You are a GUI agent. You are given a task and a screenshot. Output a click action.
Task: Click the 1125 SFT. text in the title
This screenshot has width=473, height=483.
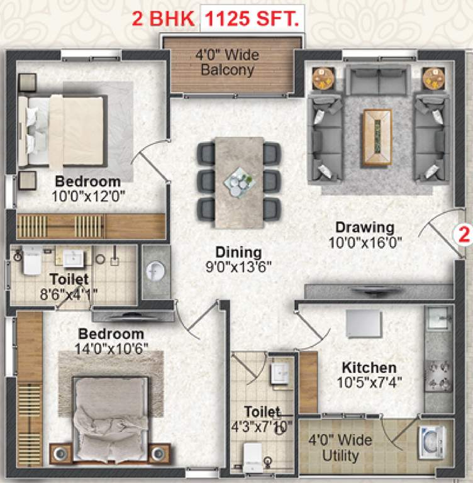[252, 20]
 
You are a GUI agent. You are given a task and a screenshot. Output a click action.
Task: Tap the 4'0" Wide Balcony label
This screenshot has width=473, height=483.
[227, 62]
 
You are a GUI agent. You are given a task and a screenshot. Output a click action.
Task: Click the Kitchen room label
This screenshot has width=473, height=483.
[369, 367]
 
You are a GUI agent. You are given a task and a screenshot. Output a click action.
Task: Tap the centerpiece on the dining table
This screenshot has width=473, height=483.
[238, 180]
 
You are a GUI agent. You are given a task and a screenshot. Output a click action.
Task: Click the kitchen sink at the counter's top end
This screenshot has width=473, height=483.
[438, 319]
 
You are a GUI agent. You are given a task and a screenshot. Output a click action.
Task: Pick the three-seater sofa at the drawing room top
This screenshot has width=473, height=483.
[377, 80]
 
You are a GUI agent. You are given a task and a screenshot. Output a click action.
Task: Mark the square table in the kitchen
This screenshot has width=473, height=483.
[364, 325]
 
